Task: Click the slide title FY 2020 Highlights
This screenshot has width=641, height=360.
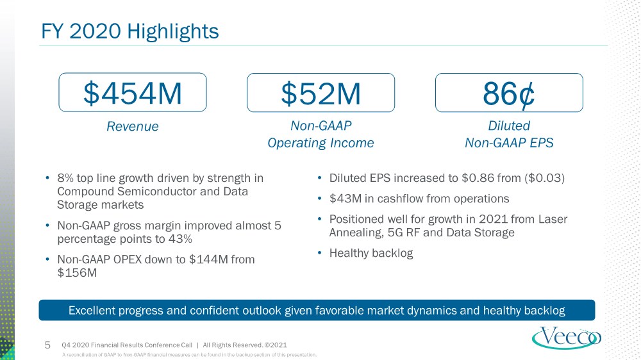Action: click(x=130, y=31)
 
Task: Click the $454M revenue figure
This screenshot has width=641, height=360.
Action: click(x=133, y=93)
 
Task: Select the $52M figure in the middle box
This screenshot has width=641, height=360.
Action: click(x=321, y=94)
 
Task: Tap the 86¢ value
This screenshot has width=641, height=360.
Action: click(x=508, y=94)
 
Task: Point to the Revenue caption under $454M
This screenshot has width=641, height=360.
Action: click(x=133, y=126)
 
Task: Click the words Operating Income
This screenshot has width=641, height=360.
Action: click(x=320, y=143)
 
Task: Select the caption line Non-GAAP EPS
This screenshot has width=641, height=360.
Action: click(x=509, y=143)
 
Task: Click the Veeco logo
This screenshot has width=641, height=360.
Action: click(x=567, y=338)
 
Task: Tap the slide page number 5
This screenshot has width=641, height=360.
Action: click(x=47, y=345)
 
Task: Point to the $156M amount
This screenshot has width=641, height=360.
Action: click(x=78, y=273)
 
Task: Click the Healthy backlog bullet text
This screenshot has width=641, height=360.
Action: click(x=371, y=254)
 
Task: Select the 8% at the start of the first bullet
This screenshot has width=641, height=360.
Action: click(x=65, y=178)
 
